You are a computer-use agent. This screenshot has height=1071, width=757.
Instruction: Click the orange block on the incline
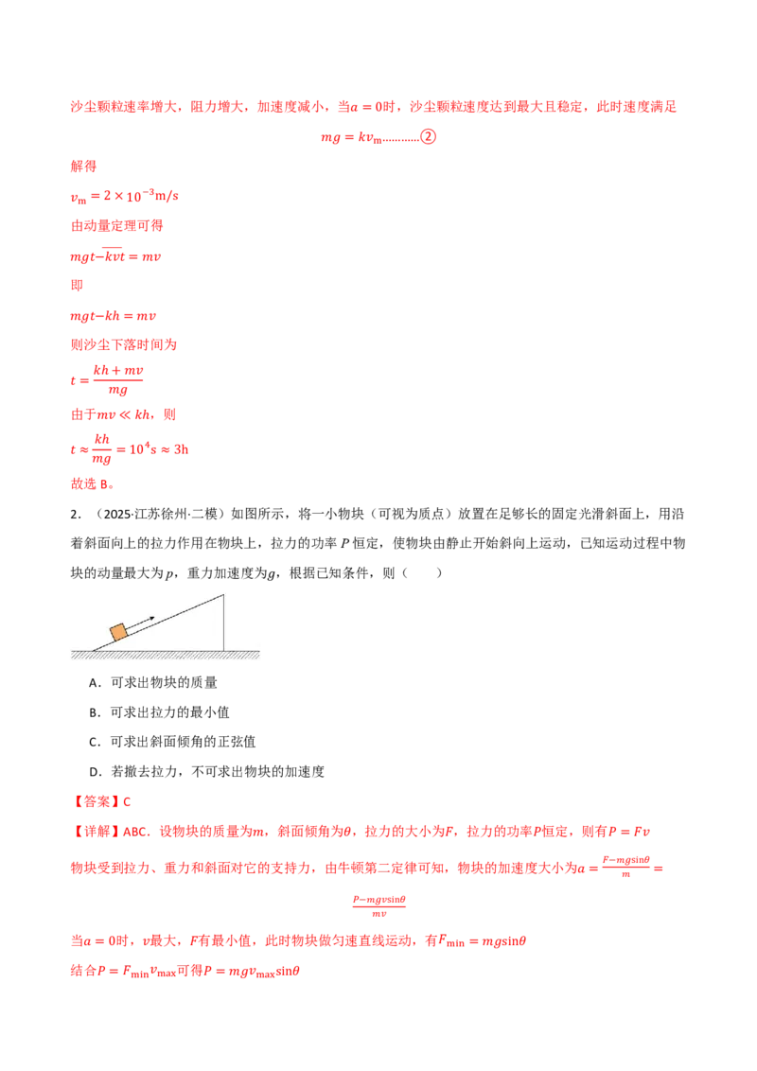click(119, 632)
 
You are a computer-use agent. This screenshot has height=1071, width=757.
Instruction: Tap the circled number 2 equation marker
click(429, 136)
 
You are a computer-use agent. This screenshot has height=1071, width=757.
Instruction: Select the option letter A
click(95, 682)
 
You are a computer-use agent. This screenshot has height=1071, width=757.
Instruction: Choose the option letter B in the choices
click(95, 712)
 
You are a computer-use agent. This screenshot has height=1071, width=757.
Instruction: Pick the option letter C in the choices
click(95, 742)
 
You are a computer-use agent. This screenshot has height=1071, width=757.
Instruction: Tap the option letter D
click(95, 772)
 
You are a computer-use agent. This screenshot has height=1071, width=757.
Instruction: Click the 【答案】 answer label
click(97, 801)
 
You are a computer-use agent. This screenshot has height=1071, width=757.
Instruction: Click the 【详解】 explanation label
click(97, 832)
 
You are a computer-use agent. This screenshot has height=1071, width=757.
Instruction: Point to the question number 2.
click(75, 515)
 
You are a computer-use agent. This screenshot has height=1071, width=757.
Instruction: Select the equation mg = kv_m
click(351, 137)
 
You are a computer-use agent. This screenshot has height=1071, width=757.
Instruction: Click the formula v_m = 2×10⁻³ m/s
click(124, 197)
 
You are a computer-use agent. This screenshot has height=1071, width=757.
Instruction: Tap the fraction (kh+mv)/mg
click(118, 379)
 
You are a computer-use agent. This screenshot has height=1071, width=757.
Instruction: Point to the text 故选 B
click(92, 483)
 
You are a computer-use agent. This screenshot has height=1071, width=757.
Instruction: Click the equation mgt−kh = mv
click(113, 316)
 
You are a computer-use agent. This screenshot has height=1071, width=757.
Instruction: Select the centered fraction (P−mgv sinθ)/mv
click(379, 906)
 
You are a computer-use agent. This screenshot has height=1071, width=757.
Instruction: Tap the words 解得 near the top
click(83, 166)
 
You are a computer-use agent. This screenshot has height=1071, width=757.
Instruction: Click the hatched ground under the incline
click(166, 655)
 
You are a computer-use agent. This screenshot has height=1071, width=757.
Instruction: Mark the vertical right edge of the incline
click(223, 623)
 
